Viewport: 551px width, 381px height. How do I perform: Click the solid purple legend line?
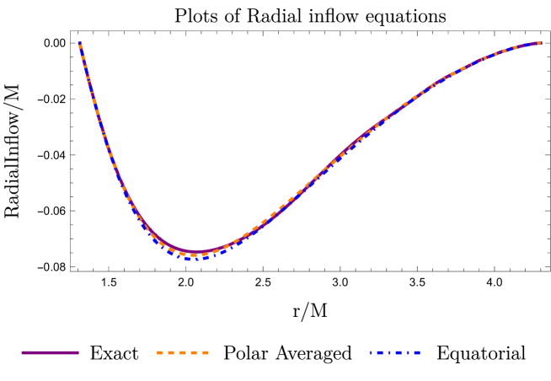pyautogui.click(x=50, y=352)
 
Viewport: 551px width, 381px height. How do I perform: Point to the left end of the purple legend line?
pyautogui.click(x=22, y=352)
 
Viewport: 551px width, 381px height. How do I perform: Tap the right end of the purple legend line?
pyautogui.click(x=78, y=352)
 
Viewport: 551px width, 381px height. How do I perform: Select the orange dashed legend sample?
pyautogui.click(x=183, y=352)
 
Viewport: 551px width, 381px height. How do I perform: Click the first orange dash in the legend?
pyautogui.click(x=160, y=352)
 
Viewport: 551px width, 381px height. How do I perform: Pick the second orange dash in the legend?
pyautogui.click(x=171, y=352)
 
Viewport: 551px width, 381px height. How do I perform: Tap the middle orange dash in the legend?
pyautogui.click(x=183, y=352)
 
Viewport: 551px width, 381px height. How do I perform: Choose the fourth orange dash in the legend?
pyautogui.click(x=194, y=352)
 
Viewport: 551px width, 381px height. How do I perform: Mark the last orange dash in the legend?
pyautogui.click(x=206, y=352)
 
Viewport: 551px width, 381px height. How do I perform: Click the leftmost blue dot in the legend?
pyautogui.click(x=371, y=352)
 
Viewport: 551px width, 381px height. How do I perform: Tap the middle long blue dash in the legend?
pyautogui.click(x=399, y=352)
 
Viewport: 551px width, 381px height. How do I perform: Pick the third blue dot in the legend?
pyautogui.click(x=408, y=352)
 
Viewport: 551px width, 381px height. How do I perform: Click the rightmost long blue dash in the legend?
pyautogui.click(x=417, y=352)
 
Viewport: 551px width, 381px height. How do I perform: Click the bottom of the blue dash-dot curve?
pyautogui.click(x=194, y=259)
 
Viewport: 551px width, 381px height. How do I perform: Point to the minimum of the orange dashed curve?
pyautogui.click(x=195, y=255)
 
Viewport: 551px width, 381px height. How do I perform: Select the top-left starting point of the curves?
pyautogui.click(x=80, y=43)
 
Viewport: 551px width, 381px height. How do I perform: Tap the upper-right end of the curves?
pyautogui.click(x=539, y=43)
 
